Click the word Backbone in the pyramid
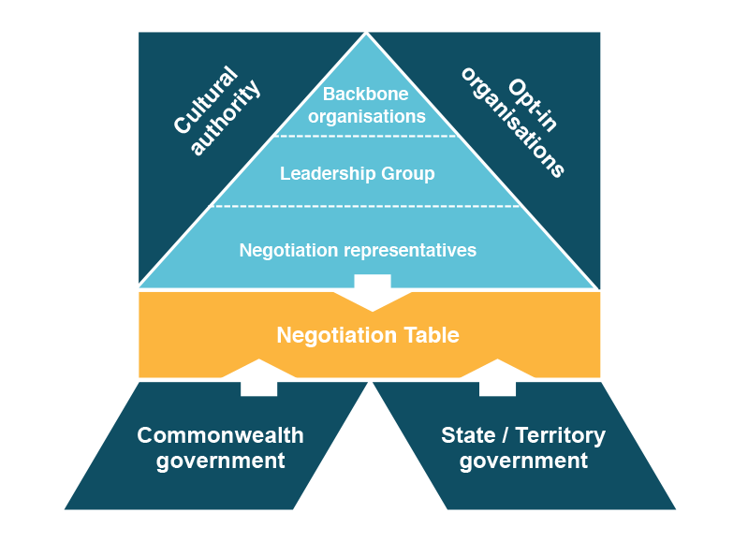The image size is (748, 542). tap(367, 95)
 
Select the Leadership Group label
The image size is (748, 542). tap(358, 174)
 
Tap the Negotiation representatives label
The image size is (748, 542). tap(358, 251)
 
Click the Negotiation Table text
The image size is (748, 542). tap(368, 335)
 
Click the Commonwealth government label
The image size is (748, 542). tap(221, 448)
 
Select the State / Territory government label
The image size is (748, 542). tap(523, 448)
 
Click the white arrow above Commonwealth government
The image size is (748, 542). tap(258, 377)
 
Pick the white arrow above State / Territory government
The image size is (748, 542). tap(497, 377)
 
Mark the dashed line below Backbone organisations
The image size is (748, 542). tap(366, 137)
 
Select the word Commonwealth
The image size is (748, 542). tap(221, 436)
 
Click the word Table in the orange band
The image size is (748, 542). tap(432, 335)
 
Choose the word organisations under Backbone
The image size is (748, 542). tap(367, 117)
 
